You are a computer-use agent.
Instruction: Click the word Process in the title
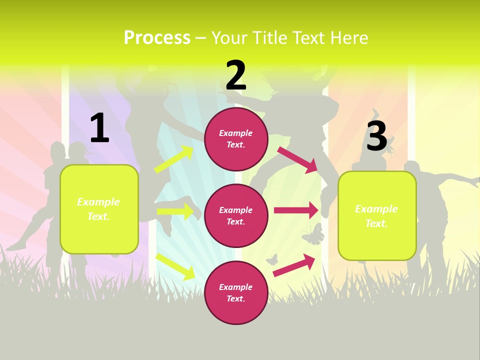coord(157,37)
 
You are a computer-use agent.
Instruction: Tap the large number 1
coord(99,128)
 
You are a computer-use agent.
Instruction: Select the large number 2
coord(236,75)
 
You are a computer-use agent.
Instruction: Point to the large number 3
coord(377,136)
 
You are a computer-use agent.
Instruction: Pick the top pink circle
coord(236,139)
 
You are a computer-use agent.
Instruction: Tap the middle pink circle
coord(236,216)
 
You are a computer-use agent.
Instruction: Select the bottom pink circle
coord(236,293)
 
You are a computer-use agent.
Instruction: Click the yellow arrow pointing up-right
coord(174,159)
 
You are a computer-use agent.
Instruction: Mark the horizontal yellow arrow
coord(175,211)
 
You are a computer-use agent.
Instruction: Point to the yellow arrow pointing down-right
coord(175,266)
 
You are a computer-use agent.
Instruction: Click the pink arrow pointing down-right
coord(297,159)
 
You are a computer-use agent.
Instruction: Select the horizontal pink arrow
coord(296,210)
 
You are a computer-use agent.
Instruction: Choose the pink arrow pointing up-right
coord(294,265)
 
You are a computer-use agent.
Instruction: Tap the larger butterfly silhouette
coord(313,234)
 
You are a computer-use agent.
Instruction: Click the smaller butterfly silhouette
coord(271,259)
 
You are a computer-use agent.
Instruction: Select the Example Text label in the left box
coord(98,209)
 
